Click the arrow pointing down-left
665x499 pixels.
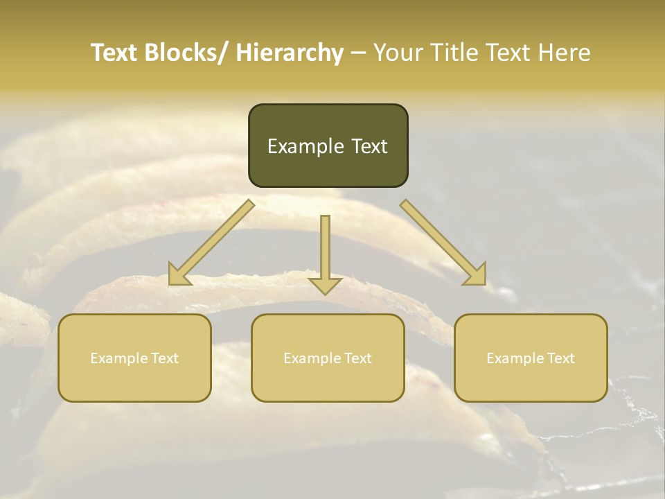[x=211, y=243]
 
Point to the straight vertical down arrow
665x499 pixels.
[x=325, y=253]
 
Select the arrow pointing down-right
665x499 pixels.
[x=443, y=243]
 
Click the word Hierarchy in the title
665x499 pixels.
[x=290, y=53]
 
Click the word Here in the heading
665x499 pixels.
[x=564, y=53]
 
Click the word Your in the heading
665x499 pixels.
[x=398, y=53]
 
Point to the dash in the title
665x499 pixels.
[x=358, y=53]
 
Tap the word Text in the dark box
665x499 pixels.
[x=369, y=146]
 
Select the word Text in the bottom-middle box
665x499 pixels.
[x=356, y=358]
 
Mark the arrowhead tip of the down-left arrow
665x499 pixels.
[x=170, y=284]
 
